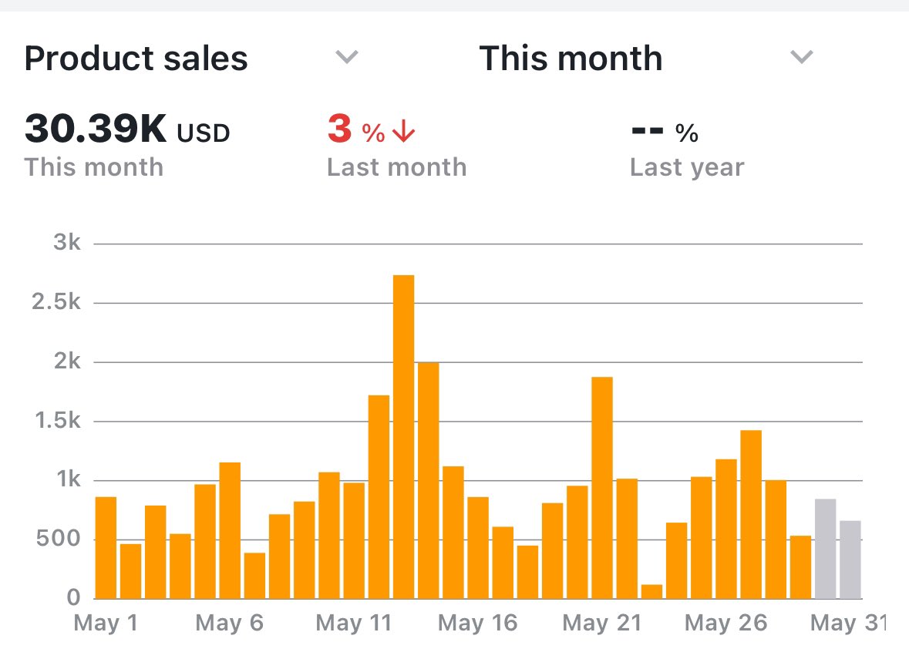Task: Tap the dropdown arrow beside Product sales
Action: point(347,57)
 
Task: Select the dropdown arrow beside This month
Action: point(802,57)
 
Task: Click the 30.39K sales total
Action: point(96,129)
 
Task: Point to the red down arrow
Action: point(403,133)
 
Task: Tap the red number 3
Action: point(339,129)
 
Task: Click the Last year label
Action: point(687,167)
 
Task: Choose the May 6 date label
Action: point(229,623)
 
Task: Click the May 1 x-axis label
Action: point(106,623)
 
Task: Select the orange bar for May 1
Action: point(106,547)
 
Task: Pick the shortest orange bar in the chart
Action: point(651,591)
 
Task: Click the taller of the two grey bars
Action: point(825,549)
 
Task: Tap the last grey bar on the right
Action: point(850,560)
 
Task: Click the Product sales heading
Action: point(136,59)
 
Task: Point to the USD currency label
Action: point(204,134)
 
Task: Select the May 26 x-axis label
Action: point(726,623)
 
